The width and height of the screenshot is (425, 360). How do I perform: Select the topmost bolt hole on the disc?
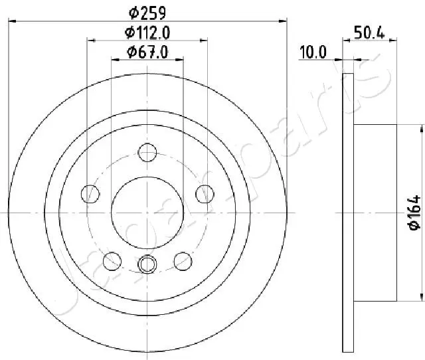point(147,153)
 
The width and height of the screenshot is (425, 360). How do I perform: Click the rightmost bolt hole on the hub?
point(204,194)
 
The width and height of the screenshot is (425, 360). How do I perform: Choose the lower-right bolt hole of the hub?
point(183,260)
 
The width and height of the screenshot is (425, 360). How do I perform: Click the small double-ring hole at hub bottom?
point(147,264)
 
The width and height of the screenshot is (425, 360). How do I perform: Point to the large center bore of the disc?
point(147,212)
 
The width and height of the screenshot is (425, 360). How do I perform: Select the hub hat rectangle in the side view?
point(375,212)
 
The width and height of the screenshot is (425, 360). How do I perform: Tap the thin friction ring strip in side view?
point(348,212)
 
